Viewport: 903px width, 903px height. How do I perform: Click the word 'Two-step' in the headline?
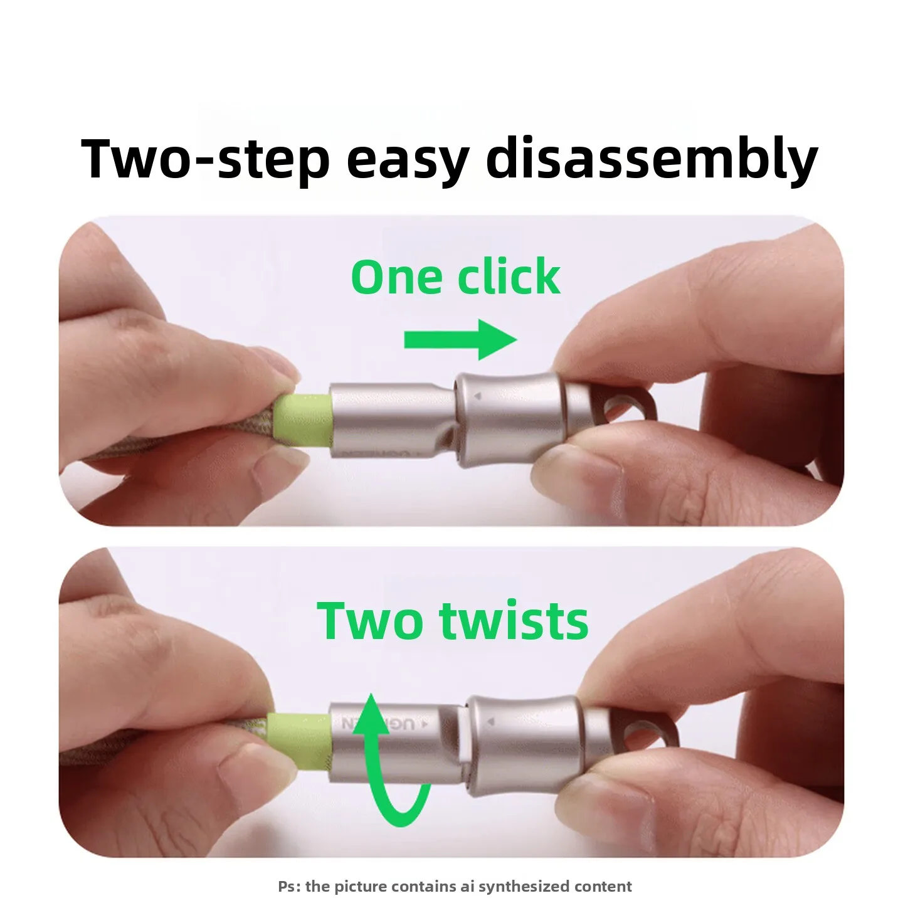click(205, 158)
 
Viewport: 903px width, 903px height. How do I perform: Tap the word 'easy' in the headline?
click(408, 162)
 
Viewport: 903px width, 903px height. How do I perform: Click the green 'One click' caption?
click(455, 277)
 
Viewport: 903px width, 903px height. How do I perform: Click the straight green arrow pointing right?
click(461, 339)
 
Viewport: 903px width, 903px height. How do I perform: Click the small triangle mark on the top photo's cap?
click(477, 396)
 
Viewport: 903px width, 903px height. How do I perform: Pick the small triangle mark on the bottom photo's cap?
click(491, 722)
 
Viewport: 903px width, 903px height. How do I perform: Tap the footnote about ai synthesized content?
click(455, 873)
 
